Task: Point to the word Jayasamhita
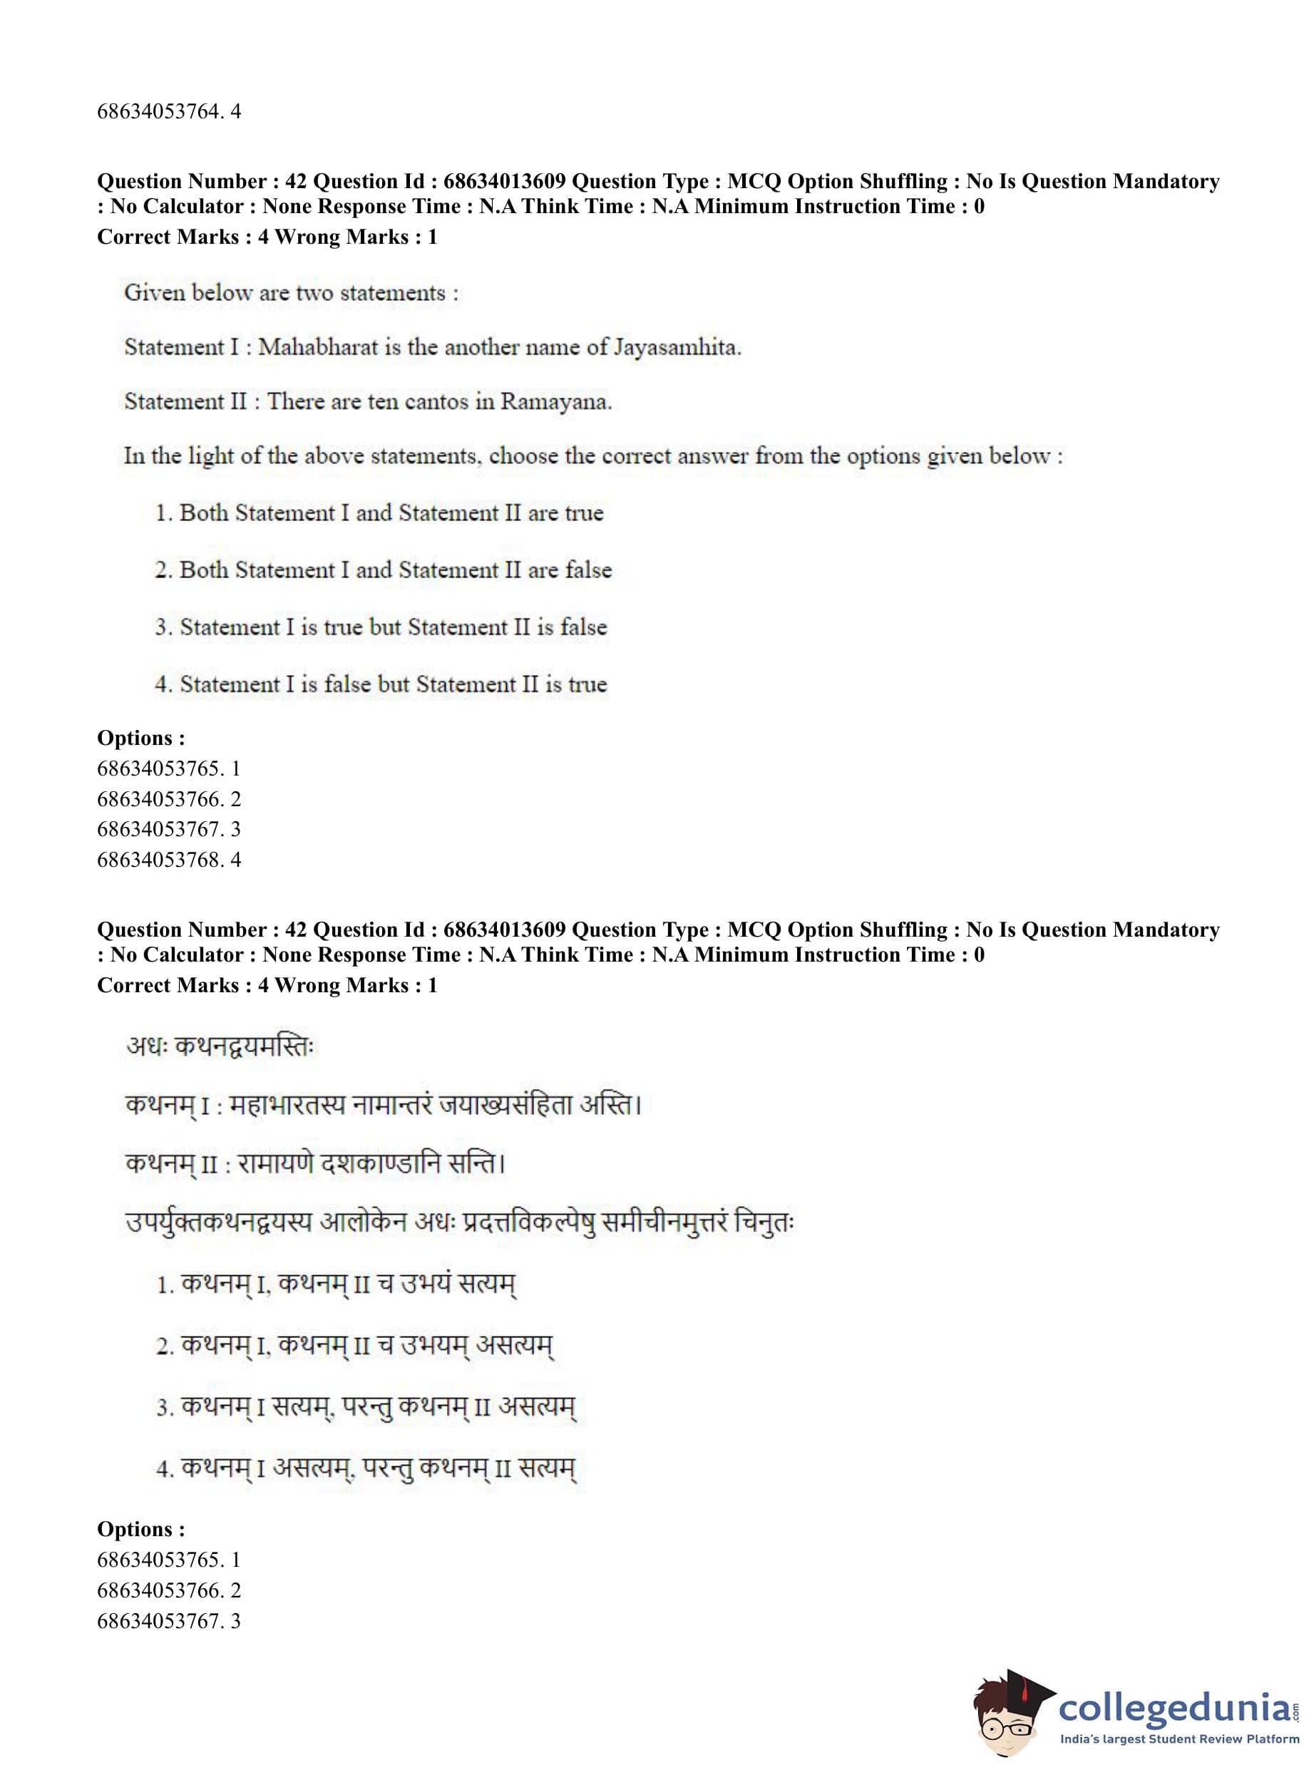pos(677,347)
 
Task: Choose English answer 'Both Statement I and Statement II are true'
pos(391,513)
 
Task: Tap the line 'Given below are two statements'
pos(291,293)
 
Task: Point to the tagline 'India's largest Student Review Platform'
pos(1179,1739)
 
